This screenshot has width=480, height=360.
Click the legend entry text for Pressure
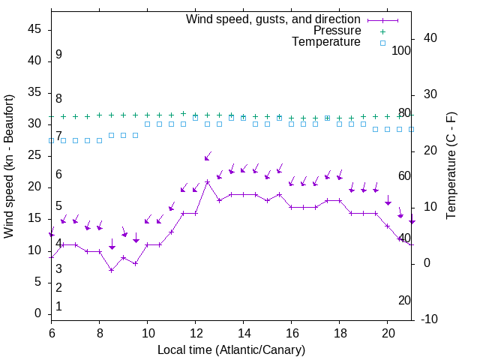pos(337,31)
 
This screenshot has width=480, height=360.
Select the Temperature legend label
pos(326,43)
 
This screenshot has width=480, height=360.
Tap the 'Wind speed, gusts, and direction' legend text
pos(273,19)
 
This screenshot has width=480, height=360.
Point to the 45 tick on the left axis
pos(35,29)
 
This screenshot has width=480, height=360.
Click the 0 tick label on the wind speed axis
pos(38,313)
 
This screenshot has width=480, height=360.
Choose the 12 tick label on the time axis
pos(196,332)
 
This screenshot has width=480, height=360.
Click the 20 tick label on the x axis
pos(388,332)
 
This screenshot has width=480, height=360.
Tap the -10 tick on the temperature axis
pos(430,319)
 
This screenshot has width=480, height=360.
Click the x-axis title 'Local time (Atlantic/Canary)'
pos(231,349)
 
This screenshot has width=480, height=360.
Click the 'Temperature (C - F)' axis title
pos(451,166)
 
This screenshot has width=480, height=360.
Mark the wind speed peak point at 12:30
pos(208,181)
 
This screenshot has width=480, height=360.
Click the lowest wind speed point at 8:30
pos(112,270)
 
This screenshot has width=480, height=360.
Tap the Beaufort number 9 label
pos(58,55)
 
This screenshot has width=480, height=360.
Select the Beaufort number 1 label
pos(58,307)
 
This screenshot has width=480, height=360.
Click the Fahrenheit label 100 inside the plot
pos(402,51)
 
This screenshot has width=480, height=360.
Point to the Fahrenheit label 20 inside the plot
pos(404,301)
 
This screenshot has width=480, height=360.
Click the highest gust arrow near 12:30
pos(208,157)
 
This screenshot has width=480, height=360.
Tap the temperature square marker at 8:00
pos(100,140)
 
